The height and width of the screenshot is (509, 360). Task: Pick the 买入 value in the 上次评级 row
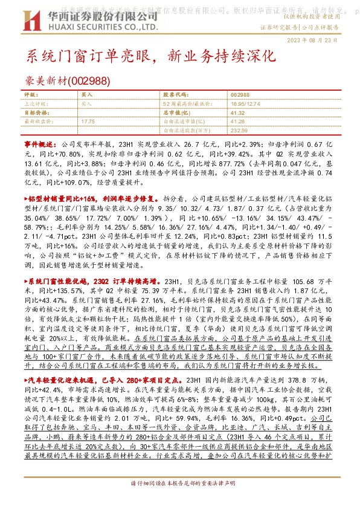coord(87,104)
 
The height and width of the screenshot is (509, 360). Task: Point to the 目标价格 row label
coord(34,112)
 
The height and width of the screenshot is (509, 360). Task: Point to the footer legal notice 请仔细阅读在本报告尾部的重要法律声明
coord(180,501)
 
